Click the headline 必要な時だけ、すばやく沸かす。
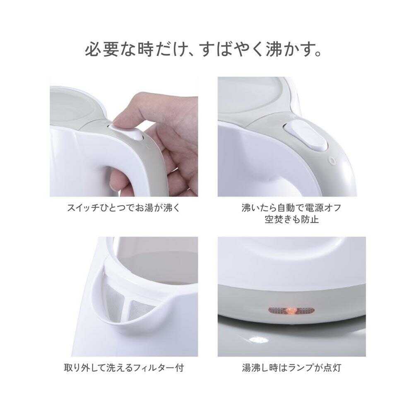point(204,50)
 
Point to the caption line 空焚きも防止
point(291,219)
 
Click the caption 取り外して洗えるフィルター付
point(124,367)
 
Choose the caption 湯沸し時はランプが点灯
point(291,367)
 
